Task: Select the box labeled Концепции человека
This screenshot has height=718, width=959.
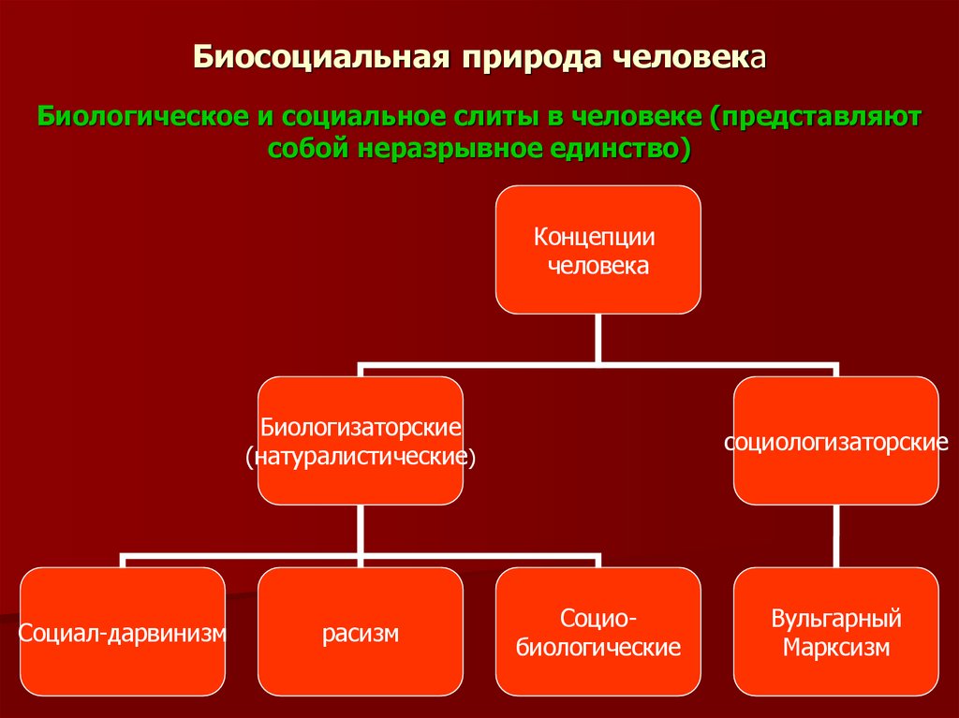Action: [598, 250]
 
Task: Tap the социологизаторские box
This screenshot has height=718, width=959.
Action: [835, 441]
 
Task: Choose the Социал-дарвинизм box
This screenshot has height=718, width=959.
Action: [123, 632]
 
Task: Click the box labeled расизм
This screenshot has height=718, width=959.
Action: [360, 632]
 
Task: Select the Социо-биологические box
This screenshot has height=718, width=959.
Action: [598, 632]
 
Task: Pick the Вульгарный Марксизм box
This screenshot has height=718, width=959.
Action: [835, 632]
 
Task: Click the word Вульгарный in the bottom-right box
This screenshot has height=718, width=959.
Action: [835, 619]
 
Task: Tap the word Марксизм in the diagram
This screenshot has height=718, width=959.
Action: [835, 647]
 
